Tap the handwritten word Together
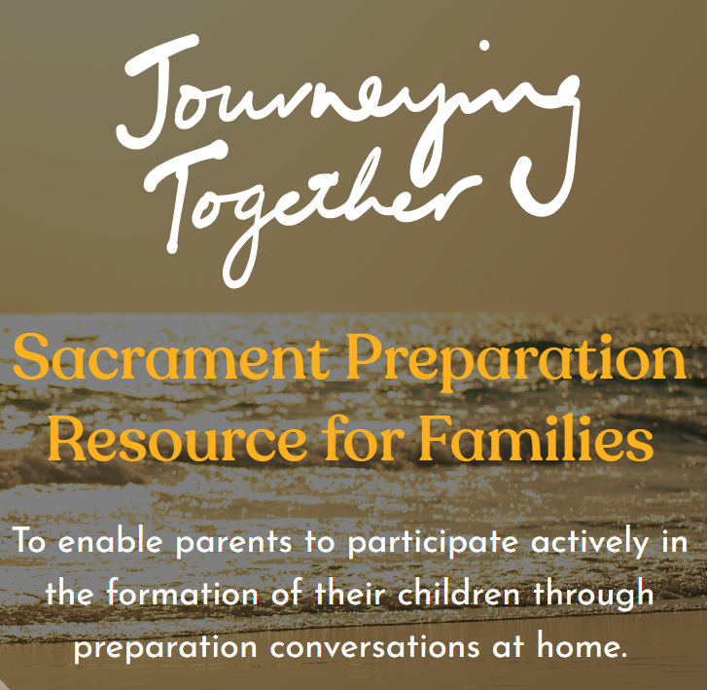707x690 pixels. (x=311, y=212)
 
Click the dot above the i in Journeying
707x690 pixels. (x=484, y=46)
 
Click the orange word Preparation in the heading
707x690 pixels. (x=515, y=362)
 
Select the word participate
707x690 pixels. (x=433, y=543)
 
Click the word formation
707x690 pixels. (x=183, y=593)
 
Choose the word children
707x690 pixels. (x=459, y=593)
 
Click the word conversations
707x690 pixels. (x=374, y=646)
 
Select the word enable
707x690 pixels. (x=110, y=542)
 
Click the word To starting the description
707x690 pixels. (x=30, y=540)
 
